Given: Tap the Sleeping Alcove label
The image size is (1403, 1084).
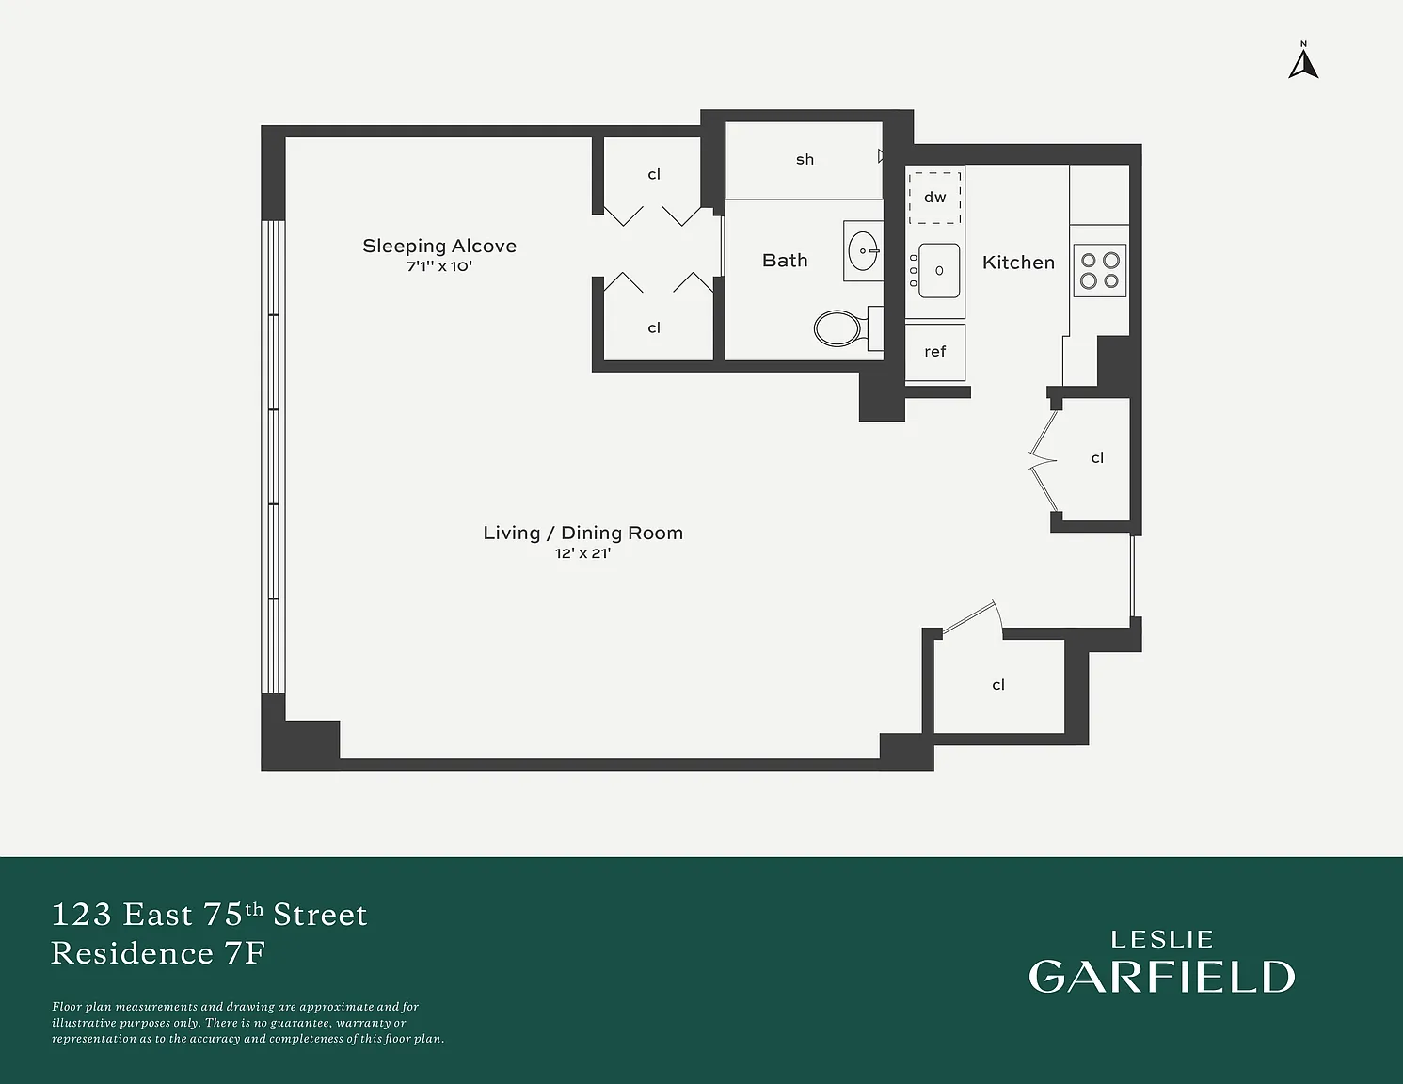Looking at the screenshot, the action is [x=439, y=246].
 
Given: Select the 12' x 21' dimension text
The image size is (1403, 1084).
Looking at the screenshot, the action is [x=582, y=553].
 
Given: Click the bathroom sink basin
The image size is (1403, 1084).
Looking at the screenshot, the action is [x=863, y=251].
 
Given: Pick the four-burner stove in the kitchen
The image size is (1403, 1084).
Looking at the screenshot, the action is [x=1100, y=270].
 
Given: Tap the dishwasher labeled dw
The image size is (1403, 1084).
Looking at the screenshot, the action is [x=935, y=198].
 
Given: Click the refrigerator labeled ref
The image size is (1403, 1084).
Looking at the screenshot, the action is [x=935, y=352].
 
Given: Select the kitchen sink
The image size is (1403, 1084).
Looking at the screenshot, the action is [x=939, y=270].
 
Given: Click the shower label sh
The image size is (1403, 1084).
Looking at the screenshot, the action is [x=805, y=159].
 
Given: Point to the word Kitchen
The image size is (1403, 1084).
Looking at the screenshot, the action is [x=1018, y=263].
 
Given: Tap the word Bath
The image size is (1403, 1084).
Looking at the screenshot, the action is [x=785, y=261].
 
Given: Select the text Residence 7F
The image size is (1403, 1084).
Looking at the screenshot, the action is [x=158, y=953].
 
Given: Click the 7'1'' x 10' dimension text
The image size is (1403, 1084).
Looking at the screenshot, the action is [x=439, y=266].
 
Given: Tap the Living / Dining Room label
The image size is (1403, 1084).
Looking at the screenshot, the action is [x=582, y=533].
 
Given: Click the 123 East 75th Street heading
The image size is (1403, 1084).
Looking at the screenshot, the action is [x=209, y=915].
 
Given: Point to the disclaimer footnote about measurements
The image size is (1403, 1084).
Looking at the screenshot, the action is [x=247, y=1023].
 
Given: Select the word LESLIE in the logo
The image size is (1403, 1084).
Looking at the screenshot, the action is [x=1161, y=940].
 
